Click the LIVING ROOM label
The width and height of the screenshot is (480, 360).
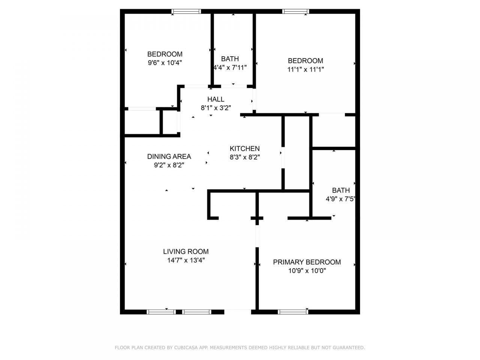[186, 252]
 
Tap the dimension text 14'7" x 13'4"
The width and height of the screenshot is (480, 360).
[186, 260]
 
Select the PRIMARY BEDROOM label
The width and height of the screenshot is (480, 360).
[307, 262]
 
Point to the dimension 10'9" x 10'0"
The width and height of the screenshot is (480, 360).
[307, 271]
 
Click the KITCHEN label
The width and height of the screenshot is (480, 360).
[244, 148]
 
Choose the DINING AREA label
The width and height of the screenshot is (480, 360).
[169, 156]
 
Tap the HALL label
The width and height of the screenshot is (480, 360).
[216, 99]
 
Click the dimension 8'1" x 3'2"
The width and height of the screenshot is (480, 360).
[216, 108]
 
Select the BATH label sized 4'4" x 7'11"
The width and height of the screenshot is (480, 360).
[230, 59]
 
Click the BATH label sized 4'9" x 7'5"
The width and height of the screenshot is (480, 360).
[340, 190]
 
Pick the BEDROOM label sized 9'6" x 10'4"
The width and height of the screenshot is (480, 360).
[165, 54]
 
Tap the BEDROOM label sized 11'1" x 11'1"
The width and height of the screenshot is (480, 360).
[305, 61]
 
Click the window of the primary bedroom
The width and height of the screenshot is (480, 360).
[293, 311]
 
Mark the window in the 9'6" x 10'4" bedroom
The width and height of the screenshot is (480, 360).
[186, 12]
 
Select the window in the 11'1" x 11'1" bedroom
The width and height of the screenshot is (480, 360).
[296, 12]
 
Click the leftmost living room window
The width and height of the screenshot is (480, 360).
[161, 311]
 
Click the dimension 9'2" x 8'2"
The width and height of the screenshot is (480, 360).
[169, 165]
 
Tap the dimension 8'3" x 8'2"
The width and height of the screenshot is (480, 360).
[244, 157]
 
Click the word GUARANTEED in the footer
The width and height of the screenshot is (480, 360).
[348, 348]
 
